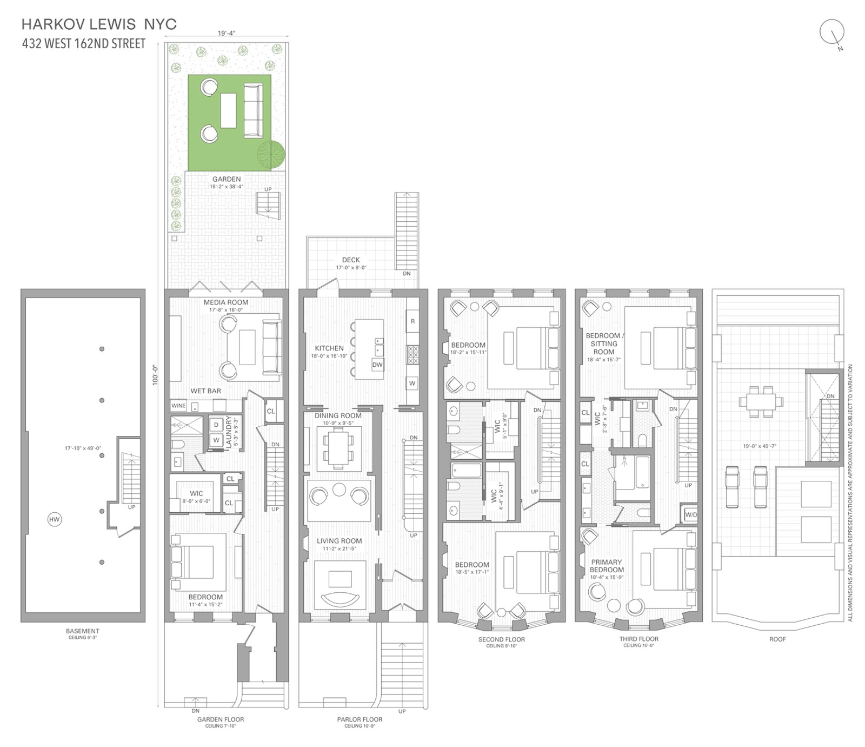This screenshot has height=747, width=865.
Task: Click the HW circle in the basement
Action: (54, 520)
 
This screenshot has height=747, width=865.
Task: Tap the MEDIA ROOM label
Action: (226, 302)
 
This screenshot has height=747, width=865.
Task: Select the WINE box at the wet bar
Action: (178, 406)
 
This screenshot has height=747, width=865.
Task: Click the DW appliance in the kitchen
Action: (377, 365)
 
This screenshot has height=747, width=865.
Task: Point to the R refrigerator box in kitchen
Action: (412, 321)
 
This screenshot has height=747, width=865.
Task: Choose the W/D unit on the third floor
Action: (691, 515)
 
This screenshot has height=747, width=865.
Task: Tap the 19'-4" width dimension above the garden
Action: (227, 33)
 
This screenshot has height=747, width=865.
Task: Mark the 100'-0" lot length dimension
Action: (155, 374)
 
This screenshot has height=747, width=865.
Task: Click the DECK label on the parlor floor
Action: (351, 260)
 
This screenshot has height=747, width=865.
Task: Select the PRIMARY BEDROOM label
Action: (607, 566)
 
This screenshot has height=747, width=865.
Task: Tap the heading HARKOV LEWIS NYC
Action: (99, 24)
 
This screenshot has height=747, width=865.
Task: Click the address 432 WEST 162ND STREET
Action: (84, 44)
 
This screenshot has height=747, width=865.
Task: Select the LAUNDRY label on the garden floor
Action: (229, 431)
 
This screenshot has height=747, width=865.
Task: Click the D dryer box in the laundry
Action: (216, 425)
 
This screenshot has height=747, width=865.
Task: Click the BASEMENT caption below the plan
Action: (83, 631)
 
